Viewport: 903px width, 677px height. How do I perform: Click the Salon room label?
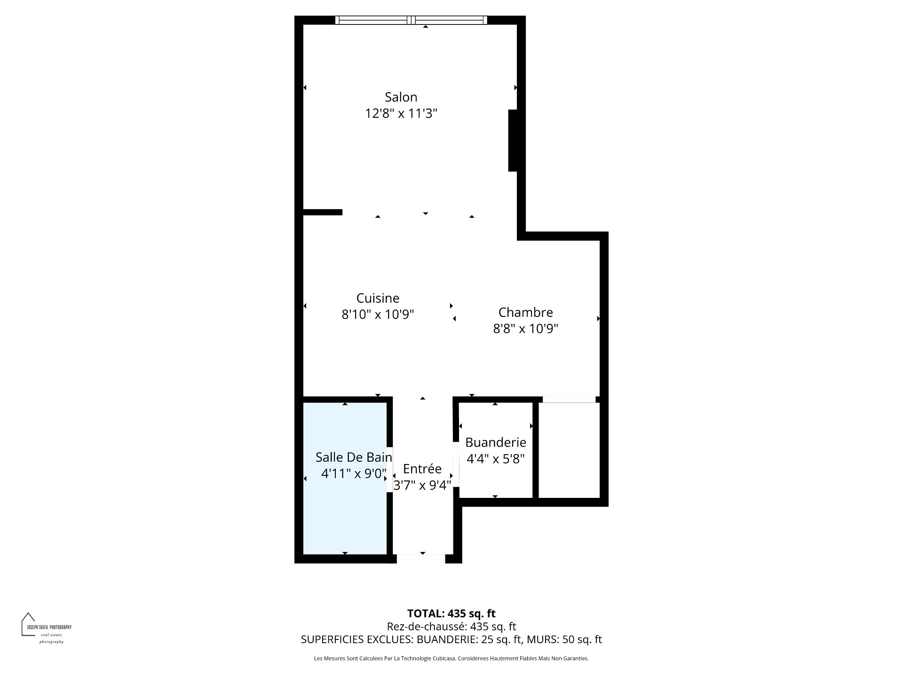[x=401, y=97]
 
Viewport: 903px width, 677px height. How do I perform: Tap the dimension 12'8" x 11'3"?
[x=401, y=114]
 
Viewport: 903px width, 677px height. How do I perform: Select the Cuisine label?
[x=378, y=298]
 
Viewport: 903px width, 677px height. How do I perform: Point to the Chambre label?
[x=525, y=312]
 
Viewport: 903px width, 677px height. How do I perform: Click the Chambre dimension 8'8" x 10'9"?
[x=525, y=329]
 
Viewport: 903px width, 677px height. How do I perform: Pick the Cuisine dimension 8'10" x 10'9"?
[x=378, y=315]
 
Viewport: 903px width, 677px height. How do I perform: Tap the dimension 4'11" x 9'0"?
[x=354, y=473]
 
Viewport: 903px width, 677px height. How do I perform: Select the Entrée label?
[x=422, y=469]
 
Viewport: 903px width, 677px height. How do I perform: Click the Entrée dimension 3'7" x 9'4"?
[x=422, y=485]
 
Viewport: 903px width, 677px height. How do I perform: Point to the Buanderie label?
[x=496, y=442]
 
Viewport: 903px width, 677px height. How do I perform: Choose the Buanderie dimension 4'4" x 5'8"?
[x=496, y=459]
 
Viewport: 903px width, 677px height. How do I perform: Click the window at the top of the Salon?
[x=411, y=20]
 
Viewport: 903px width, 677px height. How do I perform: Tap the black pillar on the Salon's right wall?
[x=513, y=141]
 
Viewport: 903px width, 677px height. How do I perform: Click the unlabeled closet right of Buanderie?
[x=569, y=450]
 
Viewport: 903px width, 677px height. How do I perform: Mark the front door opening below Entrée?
[x=421, y=559]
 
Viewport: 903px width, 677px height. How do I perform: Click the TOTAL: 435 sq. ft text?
[x=451, y=614]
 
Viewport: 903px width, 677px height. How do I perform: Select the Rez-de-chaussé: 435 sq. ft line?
[x=451, y=627]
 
